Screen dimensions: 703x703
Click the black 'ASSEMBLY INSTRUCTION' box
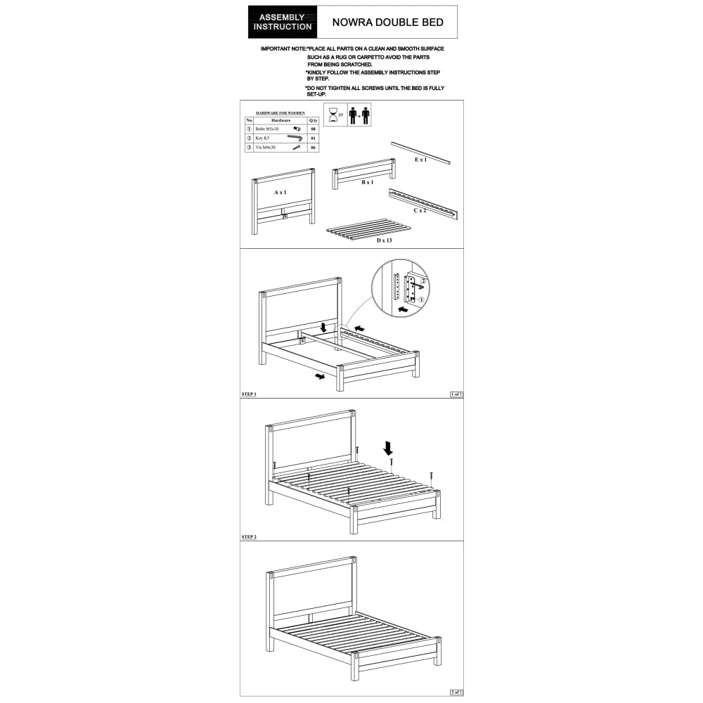point(283,22)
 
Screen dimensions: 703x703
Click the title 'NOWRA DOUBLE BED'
point(387,22)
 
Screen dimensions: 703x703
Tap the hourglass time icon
point(335,115)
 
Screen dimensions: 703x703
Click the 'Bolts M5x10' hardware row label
point(268,129)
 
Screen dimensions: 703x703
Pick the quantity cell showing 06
point(313,148)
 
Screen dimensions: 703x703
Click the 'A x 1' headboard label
point(280,192)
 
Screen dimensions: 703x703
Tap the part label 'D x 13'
point(383,240)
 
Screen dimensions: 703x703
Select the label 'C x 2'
point(420,210)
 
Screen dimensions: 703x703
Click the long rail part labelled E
point(422,150)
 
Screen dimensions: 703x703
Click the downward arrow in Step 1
point(322,326)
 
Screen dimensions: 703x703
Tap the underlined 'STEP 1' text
point(249,394)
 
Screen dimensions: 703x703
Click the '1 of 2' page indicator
point(456,394)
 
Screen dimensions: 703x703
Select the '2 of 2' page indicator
point(456,692)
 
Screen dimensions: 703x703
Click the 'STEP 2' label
point(249,536)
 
